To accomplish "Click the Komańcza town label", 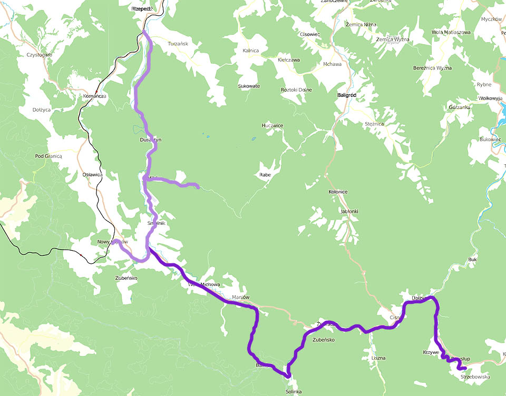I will pos(95,96).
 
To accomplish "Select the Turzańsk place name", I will pos(178,43).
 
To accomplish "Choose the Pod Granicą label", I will pos(48,156).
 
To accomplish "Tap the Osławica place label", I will pos(92,174).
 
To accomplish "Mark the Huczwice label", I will pos(273,125).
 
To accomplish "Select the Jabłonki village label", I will pos(349,211).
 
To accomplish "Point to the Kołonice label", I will pos(337,192).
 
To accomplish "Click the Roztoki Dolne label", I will pos(296,90).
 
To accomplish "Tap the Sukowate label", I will pos(249,85).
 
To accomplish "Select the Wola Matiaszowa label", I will pos(451,32).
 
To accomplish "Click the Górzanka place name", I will pos(459,107).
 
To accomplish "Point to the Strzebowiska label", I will pos(475,377).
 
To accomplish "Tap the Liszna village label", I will pos(378,358).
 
